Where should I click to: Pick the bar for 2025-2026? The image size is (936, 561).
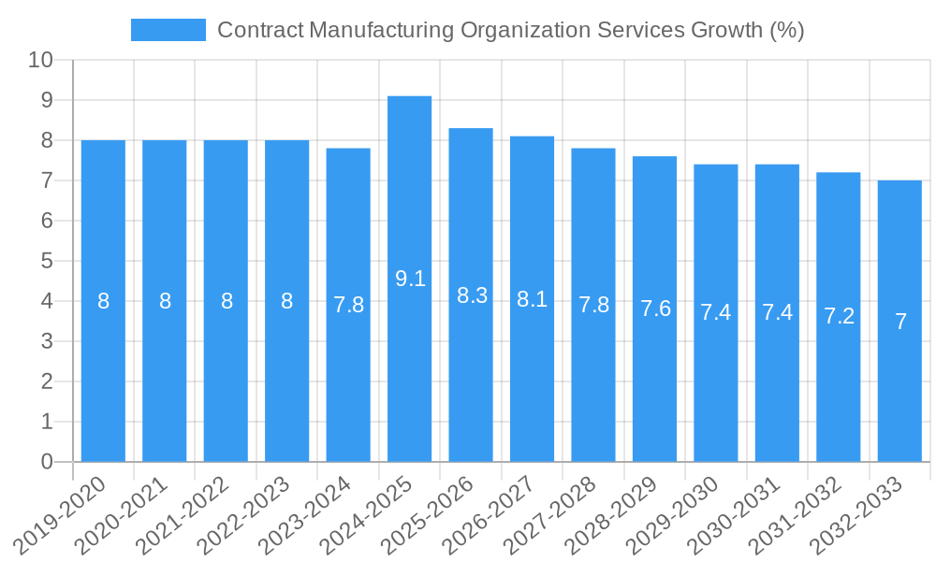pos(471,295)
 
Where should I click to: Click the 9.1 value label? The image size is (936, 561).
pos(410,279)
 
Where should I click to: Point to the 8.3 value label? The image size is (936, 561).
pos(472,295)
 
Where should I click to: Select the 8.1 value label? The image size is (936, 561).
pos(533,299)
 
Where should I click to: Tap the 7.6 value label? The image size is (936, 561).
pos(655,309)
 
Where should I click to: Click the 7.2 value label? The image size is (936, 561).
pos(839,316)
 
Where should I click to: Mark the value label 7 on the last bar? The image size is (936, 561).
pos(900,322)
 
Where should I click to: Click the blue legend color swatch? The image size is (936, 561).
pos(168,30)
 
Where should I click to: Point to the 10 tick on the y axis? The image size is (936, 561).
pos(41,61)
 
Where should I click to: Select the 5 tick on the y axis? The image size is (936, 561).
pos(47,261)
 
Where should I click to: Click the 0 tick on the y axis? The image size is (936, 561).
pos(47,462)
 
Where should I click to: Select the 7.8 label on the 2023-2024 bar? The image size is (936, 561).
pos(348,305)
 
